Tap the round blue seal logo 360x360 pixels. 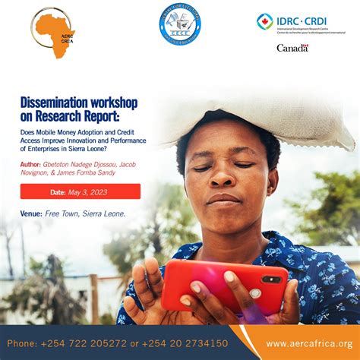pos(180,26)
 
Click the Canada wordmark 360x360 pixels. pos(292,48)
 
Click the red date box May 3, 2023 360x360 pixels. pos(80,191)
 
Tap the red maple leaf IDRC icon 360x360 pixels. pos(265,21)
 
